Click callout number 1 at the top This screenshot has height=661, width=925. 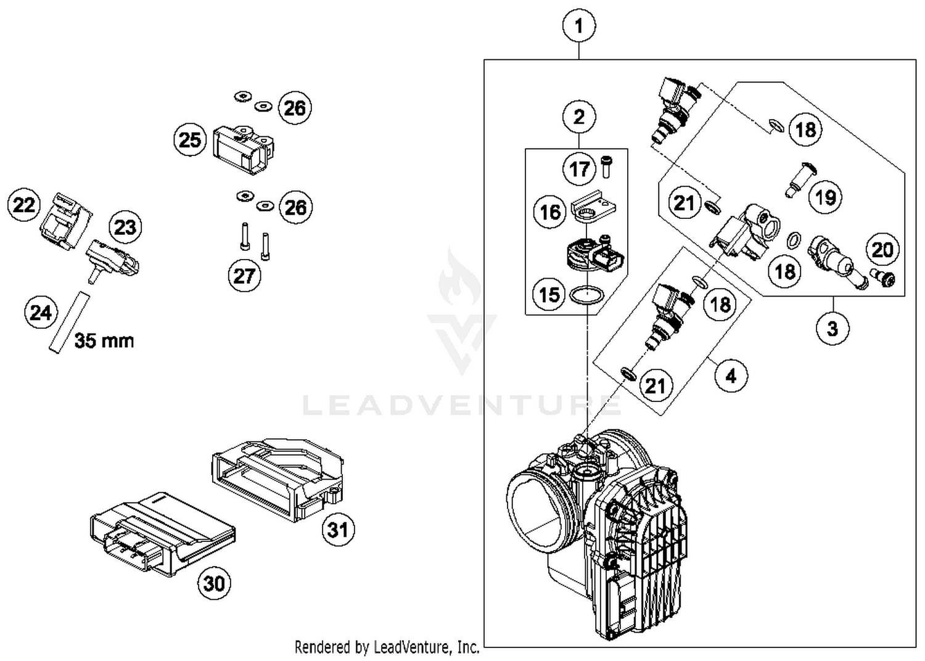pyautogui.click(x=578, y=27)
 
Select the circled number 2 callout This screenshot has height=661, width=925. pyautogui.click(x=578, y=117)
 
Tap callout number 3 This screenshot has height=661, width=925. pyautogui.click(x=832, y=328)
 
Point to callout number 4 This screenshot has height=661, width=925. pyautogui.click(x=731, y=376)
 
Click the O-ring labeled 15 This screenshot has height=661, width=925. pyautogui.click(x=586, y=296)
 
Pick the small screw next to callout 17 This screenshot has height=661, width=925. pyautogui.click(x=606, y=166)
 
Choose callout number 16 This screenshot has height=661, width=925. pyautogui.click(x=549, y=212)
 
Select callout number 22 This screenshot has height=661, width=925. pyautogui.click(x=24, y=205)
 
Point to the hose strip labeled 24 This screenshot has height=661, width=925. pyautogui.click(x=69, y=322)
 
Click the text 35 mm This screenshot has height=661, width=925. pyautogui.click(x=104, y=340)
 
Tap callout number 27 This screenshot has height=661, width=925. pyautogui.click(x=244, y=276)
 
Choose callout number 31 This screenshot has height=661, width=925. pyautogui.click(x=338, y=530)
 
